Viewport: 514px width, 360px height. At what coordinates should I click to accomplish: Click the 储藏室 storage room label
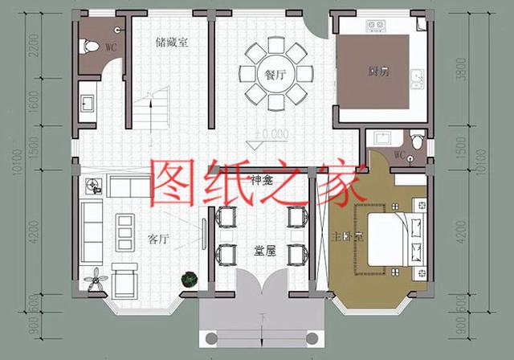click(x=172, y=43)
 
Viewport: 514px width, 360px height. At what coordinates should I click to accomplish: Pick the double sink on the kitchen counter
click(x=418, y=79)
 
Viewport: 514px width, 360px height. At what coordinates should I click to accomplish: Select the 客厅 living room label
click(x=159, y=239)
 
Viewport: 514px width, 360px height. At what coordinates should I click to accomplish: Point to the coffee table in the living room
click(x=124, y=231)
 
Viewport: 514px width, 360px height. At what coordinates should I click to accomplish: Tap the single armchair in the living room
click(x=125, y=280)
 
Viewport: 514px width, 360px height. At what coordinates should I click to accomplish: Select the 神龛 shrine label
click(x=262, y=178)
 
